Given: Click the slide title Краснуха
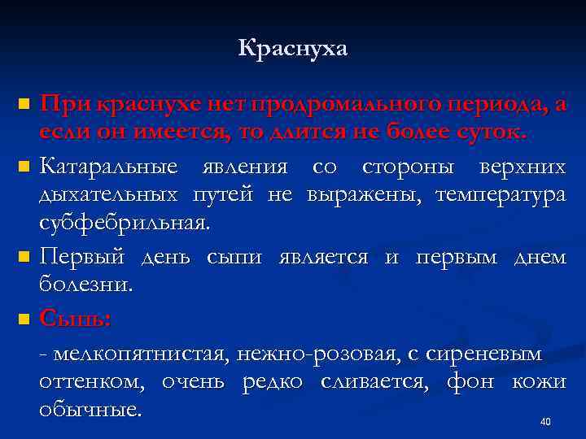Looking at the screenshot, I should pyautogui.click(x=292, y=50).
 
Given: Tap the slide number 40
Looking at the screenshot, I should pyautogui.click(x=545, y=422).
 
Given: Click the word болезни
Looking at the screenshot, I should pyautogui.click(x=85, y=285).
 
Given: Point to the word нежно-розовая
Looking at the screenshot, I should pyautogui.click(x=311, y=354).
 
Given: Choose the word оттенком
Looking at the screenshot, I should pyautogui.click(x=90, y=382).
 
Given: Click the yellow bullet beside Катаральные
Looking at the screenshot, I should pyautogui.click(x=24, y=168).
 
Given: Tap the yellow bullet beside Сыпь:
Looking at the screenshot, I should pyautogui.click(x=24, y=318).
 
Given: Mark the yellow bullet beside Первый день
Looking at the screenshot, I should pyautogui.click(x=24, y=257).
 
